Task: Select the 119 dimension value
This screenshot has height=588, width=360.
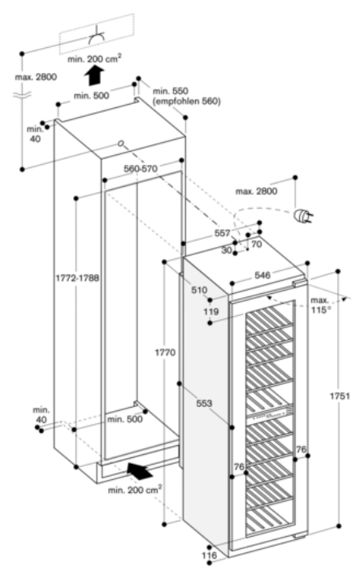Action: pyautogui.click(x=212, y=310)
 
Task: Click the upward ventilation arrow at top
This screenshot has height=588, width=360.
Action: pyautogui.click(x=96, y=76)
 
